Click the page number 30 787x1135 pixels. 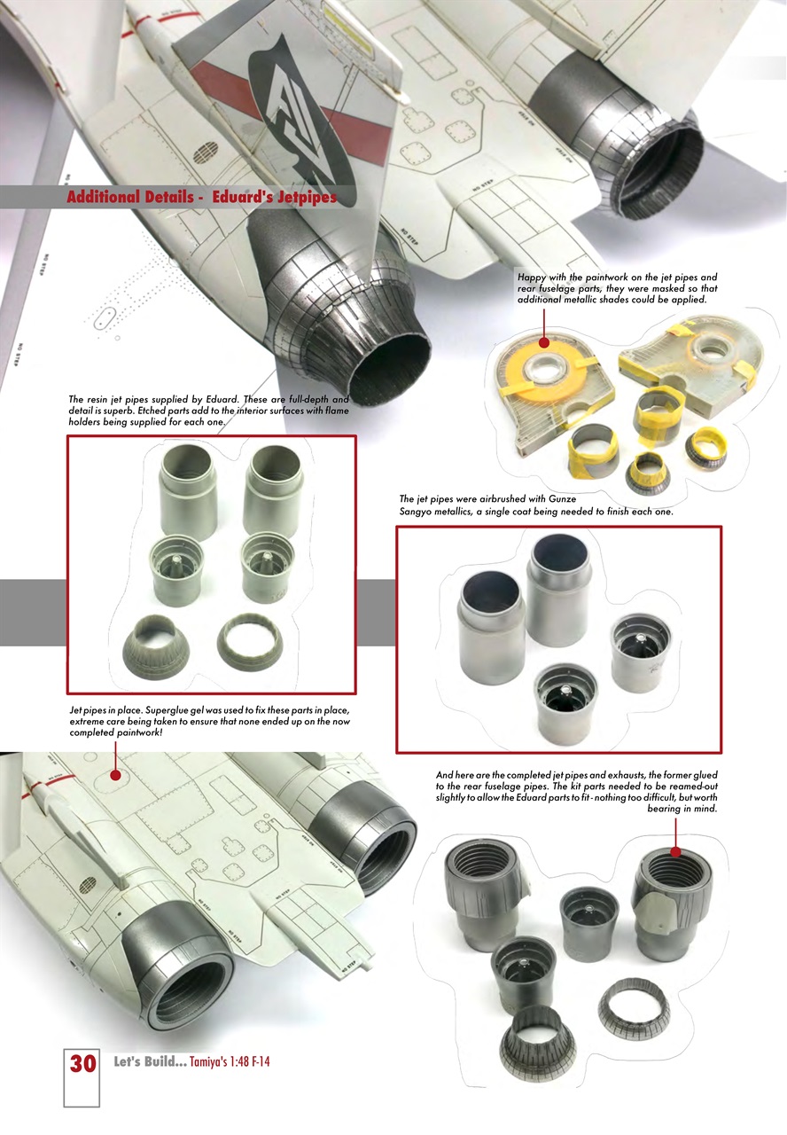82,1062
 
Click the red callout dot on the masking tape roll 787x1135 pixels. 543,342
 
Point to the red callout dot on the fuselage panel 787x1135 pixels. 115,774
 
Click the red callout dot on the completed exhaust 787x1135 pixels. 675,852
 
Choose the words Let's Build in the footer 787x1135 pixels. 150,1062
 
